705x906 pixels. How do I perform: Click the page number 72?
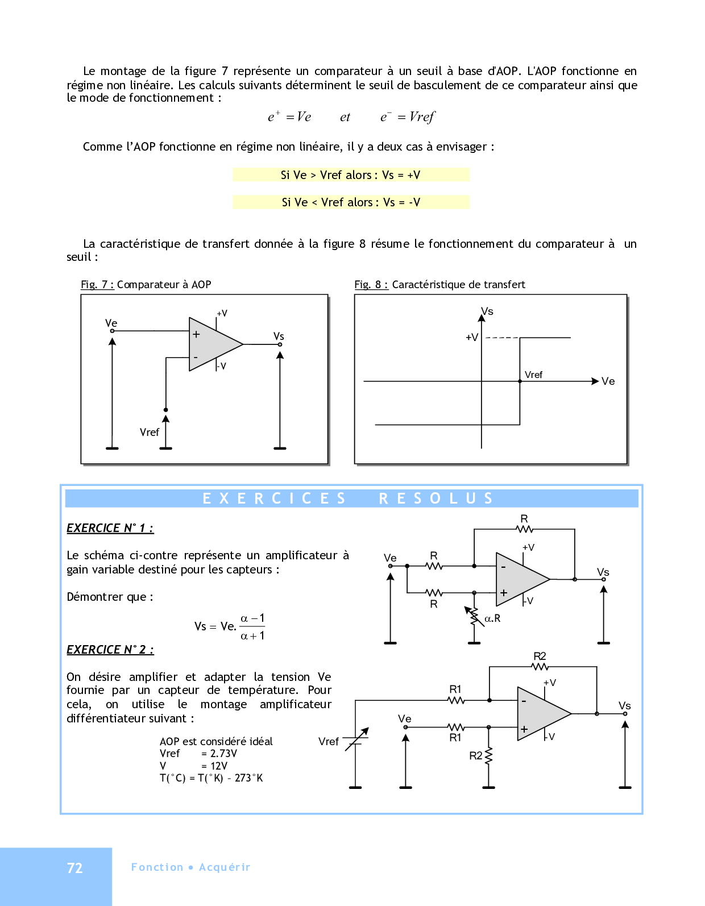click(75, 868)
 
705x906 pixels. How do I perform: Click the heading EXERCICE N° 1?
click(110, 528)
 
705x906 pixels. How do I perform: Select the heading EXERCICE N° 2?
click(110, 650)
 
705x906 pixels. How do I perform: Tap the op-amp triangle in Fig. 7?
click(213, 344)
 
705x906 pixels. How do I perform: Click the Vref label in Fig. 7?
click(149, 433)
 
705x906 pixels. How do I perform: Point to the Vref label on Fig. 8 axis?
click(533, 375)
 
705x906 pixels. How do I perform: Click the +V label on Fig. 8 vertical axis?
click(472, 337)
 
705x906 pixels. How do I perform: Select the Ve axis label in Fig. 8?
click(608, 381)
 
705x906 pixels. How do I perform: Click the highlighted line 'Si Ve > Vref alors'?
click(351, 175)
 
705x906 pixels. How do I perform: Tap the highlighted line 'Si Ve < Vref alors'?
click(351, 202)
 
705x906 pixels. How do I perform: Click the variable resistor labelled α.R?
click(474, 617)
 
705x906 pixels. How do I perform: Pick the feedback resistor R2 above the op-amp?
click(540, 666)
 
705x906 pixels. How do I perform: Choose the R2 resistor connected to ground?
click(488, 755)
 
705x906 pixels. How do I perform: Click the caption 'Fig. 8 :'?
click(371, 285)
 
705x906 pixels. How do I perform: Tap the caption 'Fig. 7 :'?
click(97, 285)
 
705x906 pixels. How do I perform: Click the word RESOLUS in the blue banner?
click(436, 498)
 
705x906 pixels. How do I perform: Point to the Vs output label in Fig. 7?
click(279, 336)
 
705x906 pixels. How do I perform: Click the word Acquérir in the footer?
click(225, 867)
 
